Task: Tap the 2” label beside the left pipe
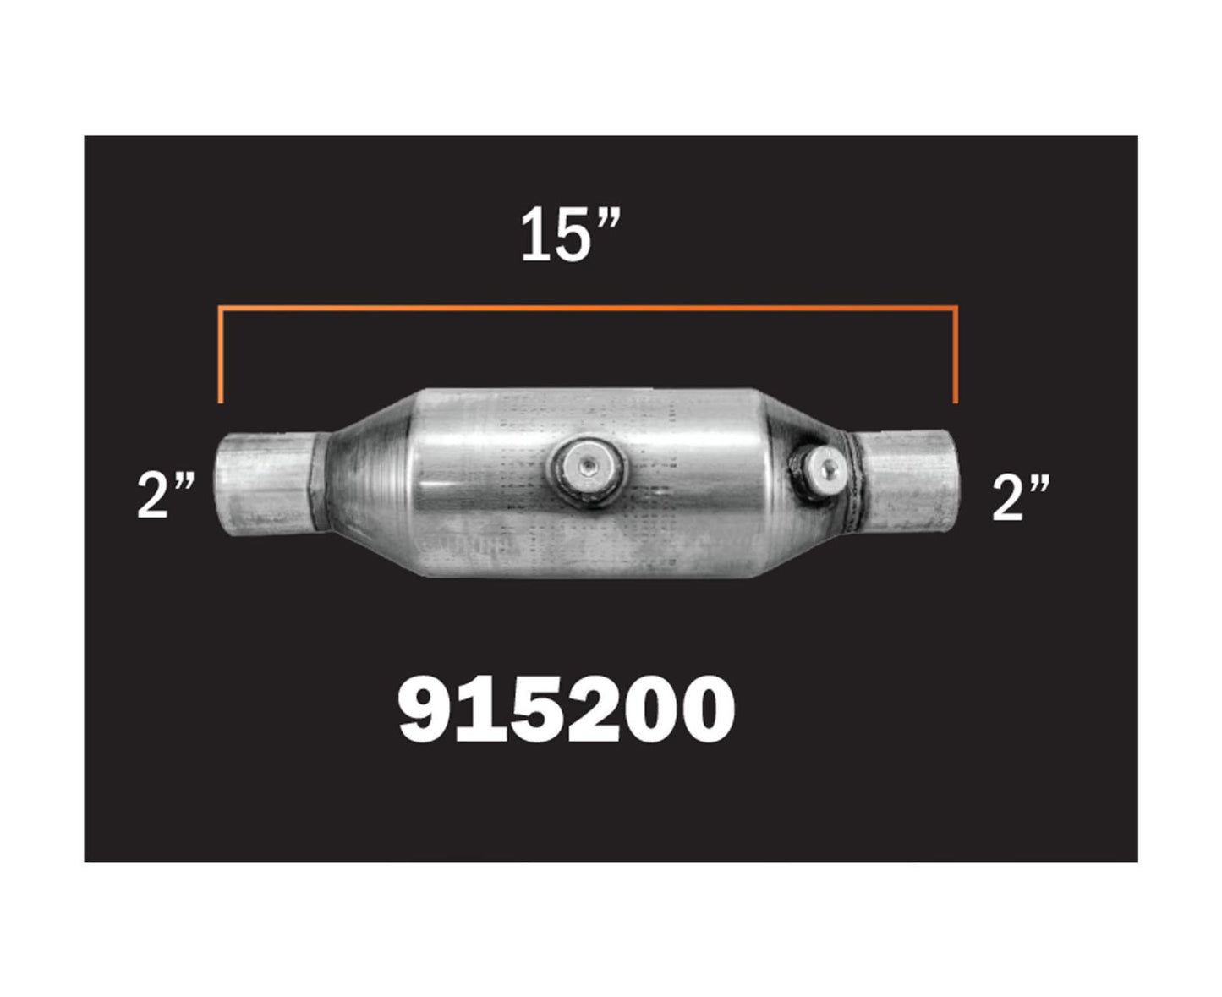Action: tap(166, 495)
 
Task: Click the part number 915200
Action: tap(567, 709)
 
